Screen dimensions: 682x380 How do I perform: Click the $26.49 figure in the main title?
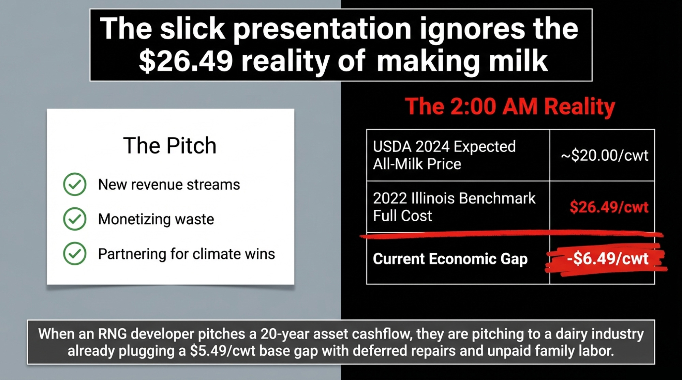[x=186, y=61]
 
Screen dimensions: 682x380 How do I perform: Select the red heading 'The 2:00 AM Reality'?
[x=510, y=107]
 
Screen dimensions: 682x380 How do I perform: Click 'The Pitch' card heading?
[x=170, y=146]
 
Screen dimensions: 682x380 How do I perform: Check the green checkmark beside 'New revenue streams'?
[x=75, y=184]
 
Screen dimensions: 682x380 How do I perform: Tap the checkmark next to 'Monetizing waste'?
[x=75, y=219]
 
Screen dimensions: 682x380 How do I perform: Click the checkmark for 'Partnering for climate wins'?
[x=75, y=254]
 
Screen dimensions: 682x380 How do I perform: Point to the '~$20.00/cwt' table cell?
[x=605, y=155]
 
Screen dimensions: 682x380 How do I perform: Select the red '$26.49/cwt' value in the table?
[x=609, y=207]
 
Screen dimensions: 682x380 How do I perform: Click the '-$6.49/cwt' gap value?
[x=608, y=259]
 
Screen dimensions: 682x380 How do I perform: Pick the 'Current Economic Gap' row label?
[x=450, y=259]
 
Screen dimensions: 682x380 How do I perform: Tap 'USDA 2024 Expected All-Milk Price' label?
[x=444, y=155]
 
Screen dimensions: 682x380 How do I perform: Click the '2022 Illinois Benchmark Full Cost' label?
[x=454, y=207]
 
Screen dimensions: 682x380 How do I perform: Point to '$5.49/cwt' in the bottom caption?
[x=222, y=351]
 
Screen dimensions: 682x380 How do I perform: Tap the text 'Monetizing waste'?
[x=156, y=219]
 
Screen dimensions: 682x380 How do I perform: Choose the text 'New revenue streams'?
[x=169, y=185]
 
